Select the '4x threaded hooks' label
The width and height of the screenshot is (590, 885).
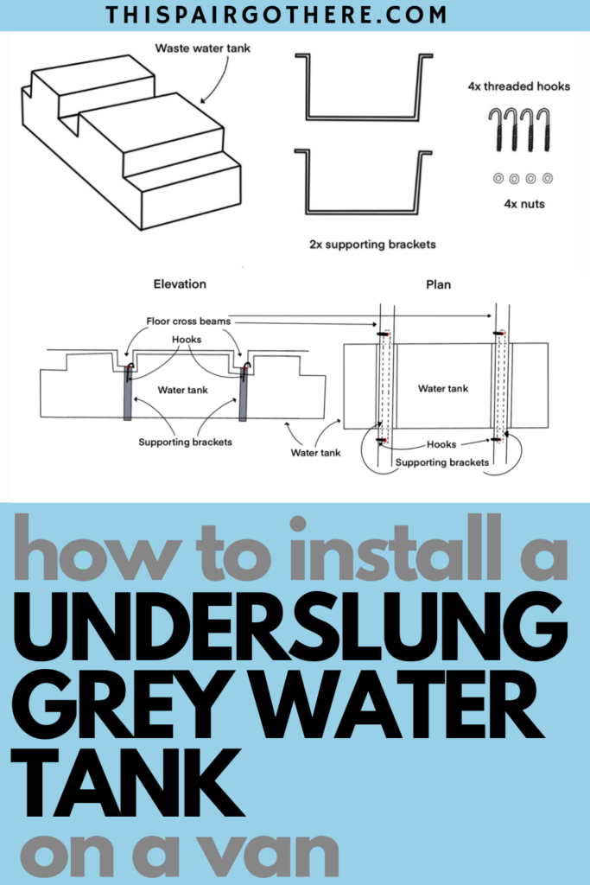[x=519, y=87]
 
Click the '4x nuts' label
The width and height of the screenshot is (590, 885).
[x=521, y=204]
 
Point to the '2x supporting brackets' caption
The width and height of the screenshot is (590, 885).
[x=372, y=245]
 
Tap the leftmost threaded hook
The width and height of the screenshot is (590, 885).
[x=495, y=131]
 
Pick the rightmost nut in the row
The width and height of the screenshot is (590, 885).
[x=548, y=178]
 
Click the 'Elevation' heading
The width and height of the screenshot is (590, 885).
[x=180, y=283]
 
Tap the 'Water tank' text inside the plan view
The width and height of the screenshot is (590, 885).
[x=443, y=388]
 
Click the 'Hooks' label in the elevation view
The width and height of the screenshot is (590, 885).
[x=187, y=340]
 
